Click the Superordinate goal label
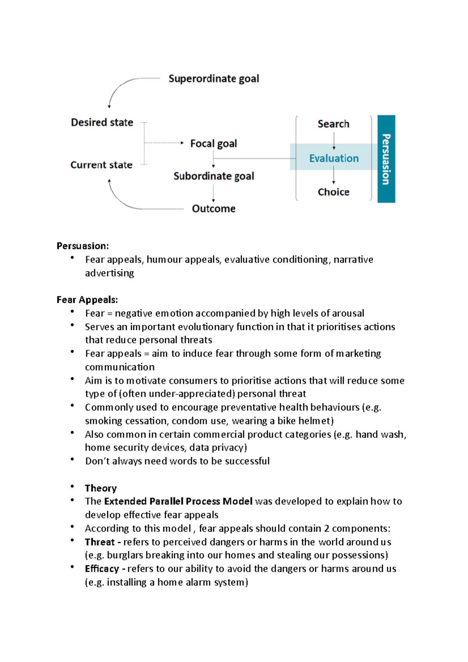213,79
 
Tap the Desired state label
102,122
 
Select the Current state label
101,165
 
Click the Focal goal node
213,143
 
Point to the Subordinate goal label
213,176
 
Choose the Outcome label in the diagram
213,209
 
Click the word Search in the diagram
333,124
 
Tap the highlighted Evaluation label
334,158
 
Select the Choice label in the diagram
333,192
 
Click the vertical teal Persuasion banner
386,159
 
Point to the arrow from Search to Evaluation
334,141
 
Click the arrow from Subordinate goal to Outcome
213,193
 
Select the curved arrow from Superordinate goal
121,86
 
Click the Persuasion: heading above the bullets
83,246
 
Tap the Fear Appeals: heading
87,300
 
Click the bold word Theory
101,488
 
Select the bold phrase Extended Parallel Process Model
178,501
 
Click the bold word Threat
99,542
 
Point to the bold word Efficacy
102,569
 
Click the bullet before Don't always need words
72,460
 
